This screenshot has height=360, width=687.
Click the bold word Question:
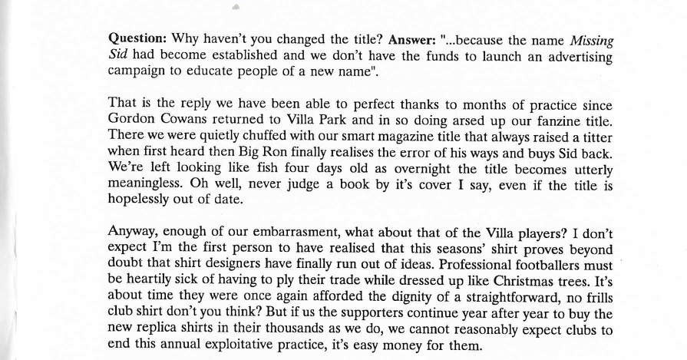pos(138,38)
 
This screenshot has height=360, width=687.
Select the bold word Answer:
pos(414,38)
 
